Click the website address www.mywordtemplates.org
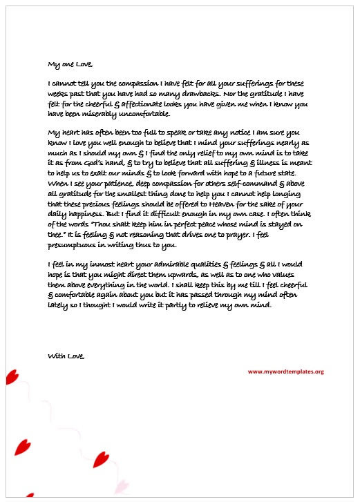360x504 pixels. click(x=285, y=371)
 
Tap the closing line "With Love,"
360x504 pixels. click(x=66, y=356)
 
